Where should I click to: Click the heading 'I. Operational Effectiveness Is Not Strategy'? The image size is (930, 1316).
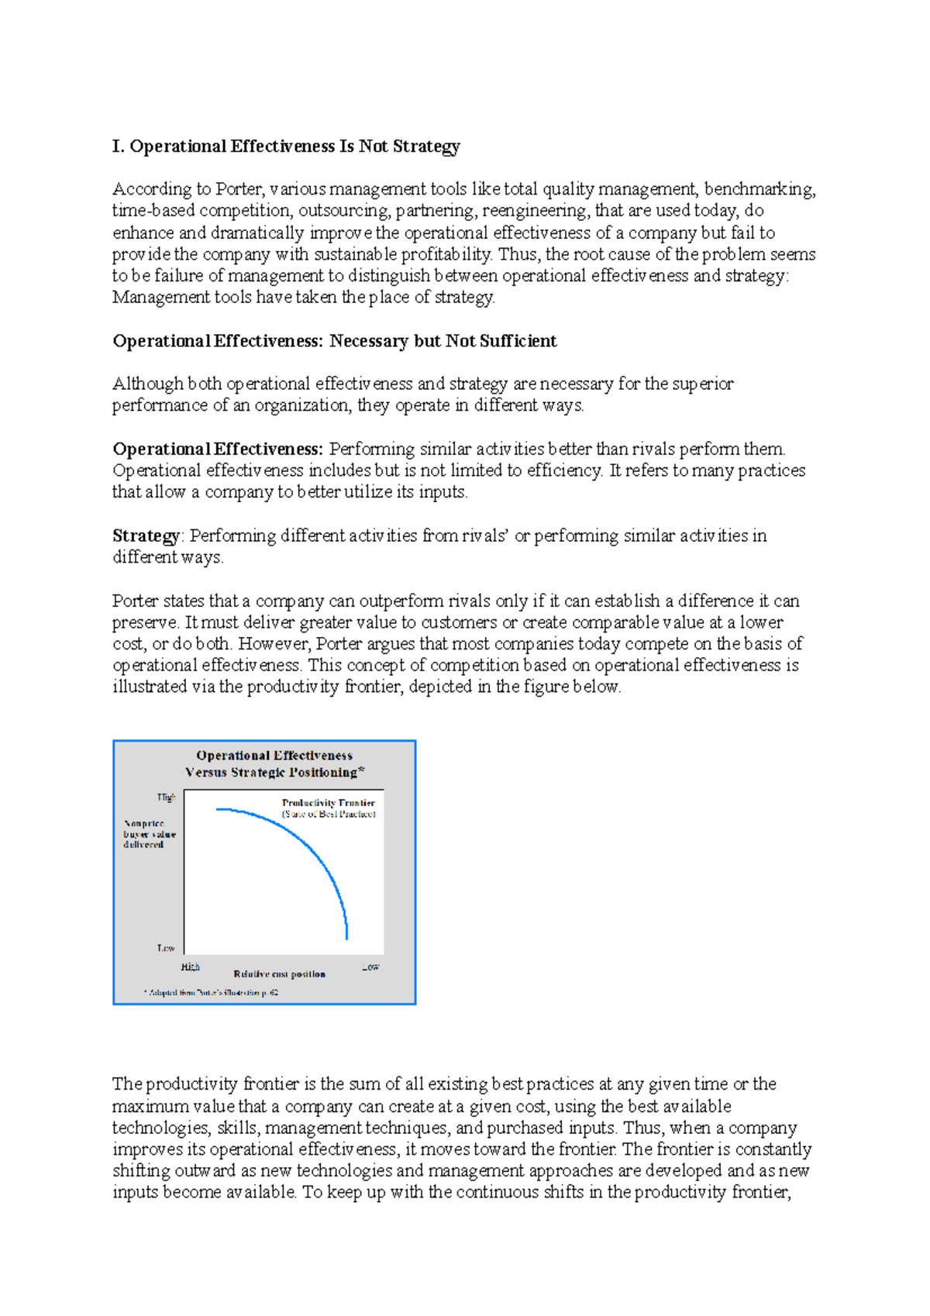286,146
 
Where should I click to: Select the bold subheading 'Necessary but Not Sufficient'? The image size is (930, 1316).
443,341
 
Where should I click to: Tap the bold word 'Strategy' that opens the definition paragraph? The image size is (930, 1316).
145,536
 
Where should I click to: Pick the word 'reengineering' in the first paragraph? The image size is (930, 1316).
535,211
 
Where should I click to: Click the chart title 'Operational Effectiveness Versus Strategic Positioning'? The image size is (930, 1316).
274,763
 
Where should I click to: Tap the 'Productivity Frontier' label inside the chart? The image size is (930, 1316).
328,803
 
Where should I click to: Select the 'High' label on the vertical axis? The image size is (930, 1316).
166,798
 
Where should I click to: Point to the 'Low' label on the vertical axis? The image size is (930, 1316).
166,948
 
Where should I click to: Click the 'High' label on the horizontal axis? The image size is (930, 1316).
190,966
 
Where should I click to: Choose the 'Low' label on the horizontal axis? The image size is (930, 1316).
370,966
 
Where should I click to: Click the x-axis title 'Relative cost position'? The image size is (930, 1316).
279,974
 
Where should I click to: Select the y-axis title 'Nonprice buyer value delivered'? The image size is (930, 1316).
149,834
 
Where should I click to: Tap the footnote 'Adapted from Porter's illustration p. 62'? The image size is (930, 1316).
211,992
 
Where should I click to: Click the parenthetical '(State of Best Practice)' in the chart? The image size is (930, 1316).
329,814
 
